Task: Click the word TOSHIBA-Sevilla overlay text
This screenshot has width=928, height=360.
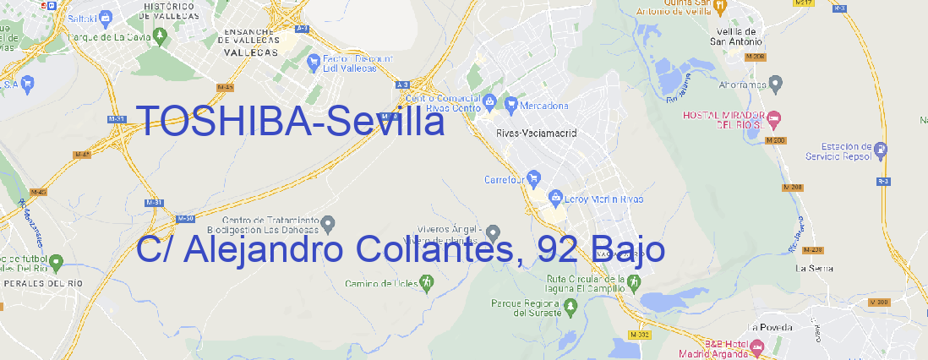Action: [x=290, y=123]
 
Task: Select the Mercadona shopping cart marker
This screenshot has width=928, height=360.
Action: [x=511, y=105]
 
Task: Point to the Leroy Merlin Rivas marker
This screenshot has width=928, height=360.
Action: [x=555, y=198]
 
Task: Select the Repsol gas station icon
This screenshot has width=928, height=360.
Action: [x=882, y=150]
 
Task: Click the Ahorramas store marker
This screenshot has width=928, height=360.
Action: [x=776, y=84]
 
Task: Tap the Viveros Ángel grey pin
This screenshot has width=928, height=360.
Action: [x=494, y=232]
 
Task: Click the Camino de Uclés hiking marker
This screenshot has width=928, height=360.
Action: [x=426, y=281]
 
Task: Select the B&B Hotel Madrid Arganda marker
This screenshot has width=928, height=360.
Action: [x=757, y=346]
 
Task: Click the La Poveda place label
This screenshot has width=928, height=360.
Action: [x=770, y=327]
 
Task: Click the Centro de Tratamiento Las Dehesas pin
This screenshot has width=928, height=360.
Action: [x=329, y=222]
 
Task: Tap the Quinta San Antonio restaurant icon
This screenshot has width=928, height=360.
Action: [x=719, y=7]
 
